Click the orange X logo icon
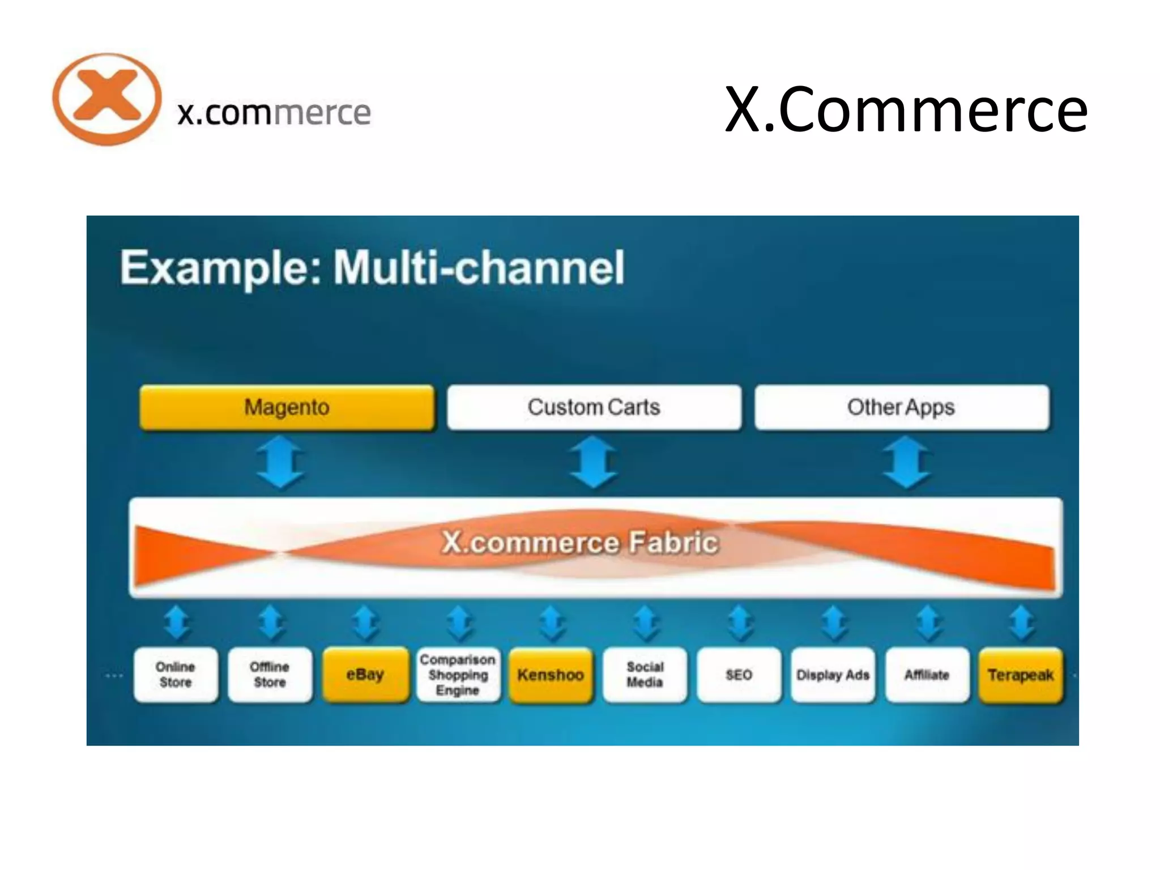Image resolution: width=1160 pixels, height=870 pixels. (x=106, y=99)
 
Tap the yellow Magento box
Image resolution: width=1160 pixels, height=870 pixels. (x=287, y=407)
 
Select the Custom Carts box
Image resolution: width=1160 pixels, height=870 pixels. (x=594, y=407)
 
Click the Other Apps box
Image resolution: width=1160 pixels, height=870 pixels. (x=901, y=407)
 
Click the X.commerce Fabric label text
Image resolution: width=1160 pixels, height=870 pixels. (x=580, y=543)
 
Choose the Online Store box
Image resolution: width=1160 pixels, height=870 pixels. (x=176, y=675)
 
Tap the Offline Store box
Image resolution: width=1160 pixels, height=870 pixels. (x=270, y=675)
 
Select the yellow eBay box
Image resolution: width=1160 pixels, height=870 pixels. (x=365, y=675)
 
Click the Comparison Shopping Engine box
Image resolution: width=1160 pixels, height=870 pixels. (x=458, y=675)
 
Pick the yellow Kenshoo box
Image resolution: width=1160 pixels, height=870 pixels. (x=551, y=675)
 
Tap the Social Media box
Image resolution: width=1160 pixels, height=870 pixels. (x=645, y=675)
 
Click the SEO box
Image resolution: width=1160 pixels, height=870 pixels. (x=739, y=675)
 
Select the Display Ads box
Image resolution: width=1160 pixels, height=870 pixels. (x=833, y=675)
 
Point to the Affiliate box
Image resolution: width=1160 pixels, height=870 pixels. (x=927, y=675)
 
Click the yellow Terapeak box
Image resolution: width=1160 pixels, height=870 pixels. (x=1021, y=675)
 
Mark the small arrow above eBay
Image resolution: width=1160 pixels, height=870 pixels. (x=365, y=623)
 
